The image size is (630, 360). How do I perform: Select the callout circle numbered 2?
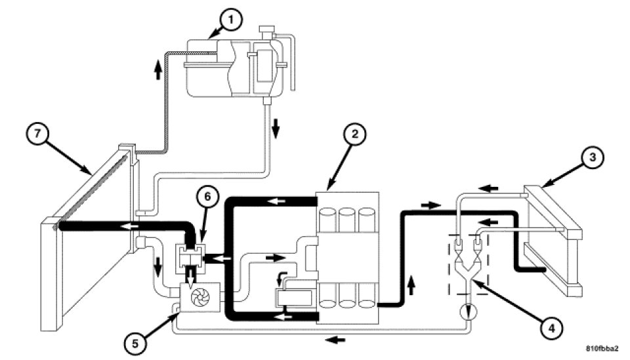point(354,134)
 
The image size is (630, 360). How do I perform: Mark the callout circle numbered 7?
point(37,134)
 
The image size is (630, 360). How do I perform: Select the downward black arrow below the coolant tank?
point(276,128)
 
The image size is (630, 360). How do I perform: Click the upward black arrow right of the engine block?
point(411,285)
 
